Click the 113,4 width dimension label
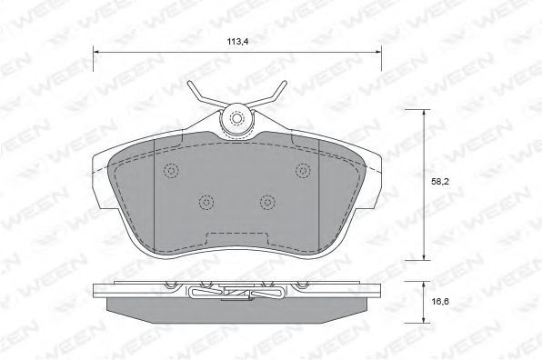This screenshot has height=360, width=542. [x=237, y=42]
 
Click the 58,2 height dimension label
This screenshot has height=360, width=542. [x=439, y=182]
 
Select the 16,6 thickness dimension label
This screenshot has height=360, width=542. [x=439, y=301]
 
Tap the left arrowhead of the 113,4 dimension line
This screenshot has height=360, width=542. [x=96, y=52]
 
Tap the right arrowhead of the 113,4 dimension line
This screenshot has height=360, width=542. [x=377, y=52]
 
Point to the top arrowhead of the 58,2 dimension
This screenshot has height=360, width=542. [x=424, y=113]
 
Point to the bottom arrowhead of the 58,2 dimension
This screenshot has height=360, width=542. [x=424, y=256]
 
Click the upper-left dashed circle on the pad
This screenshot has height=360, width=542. [x=171, y=170]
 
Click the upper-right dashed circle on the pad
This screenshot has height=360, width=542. [x=303, y=170]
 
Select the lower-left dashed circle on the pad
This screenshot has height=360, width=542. [x=206, y=202]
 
